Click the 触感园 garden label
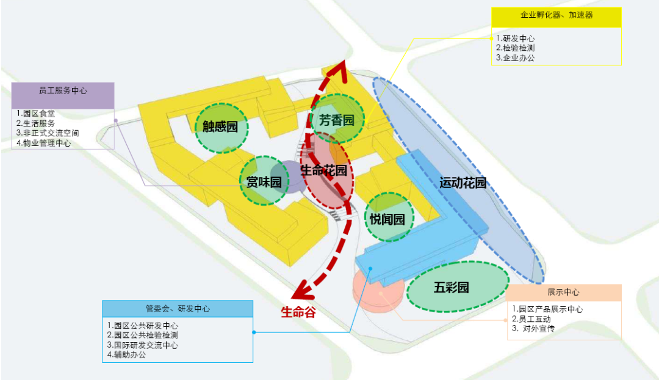[220, 127]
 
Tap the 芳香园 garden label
[336, 119]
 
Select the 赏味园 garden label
[264, 182]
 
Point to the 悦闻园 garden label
[387, 219]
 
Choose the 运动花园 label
[463, 183]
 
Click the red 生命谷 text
[298, 313]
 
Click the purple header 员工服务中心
[63, 90]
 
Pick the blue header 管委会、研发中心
[178, 309]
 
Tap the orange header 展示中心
[563, 292]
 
